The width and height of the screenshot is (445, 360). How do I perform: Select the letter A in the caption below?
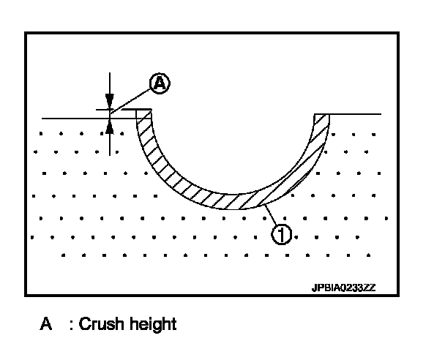(x=45, y=323)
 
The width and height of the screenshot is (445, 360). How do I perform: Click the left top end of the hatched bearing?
(x=143, y=112)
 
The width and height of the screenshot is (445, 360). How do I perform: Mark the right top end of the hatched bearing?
(x=322, y=116)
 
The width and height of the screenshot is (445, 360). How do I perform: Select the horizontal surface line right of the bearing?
(x=355, y=114)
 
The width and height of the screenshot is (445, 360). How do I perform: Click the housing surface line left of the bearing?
(x=73, y=118)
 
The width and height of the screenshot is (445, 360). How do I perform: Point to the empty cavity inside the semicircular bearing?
(x=233, y=146)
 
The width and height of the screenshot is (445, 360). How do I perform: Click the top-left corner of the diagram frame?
(x=26, y=32)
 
